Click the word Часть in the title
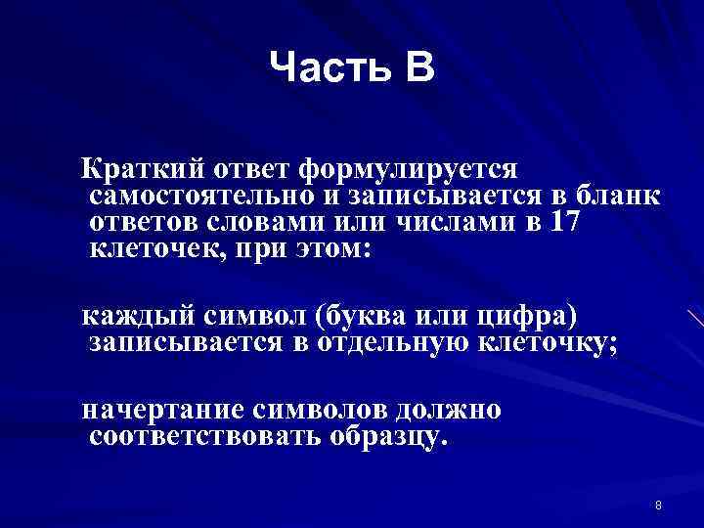tap(324, 67)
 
